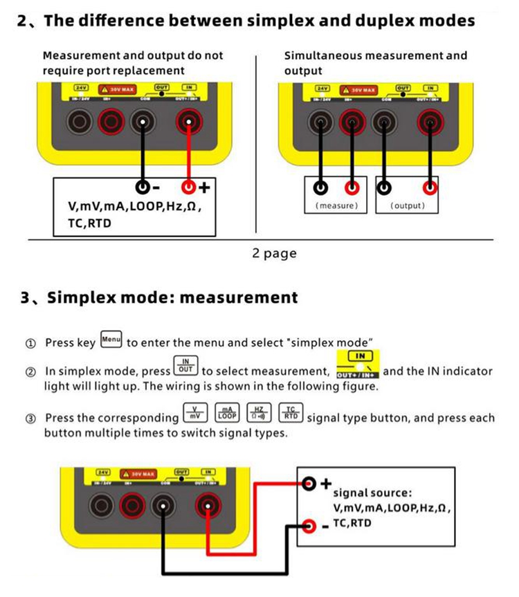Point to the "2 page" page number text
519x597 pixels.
tap(274, 253)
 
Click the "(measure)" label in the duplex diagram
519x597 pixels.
tap(337, 205)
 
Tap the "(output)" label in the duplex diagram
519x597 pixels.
tap(408, 205)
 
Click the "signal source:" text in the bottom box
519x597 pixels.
tap(372, 493)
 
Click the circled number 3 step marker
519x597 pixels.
tap(30, 419)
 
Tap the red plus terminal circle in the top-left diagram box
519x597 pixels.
tap(188, 187)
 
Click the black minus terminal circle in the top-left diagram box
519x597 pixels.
tap(142, 187)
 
